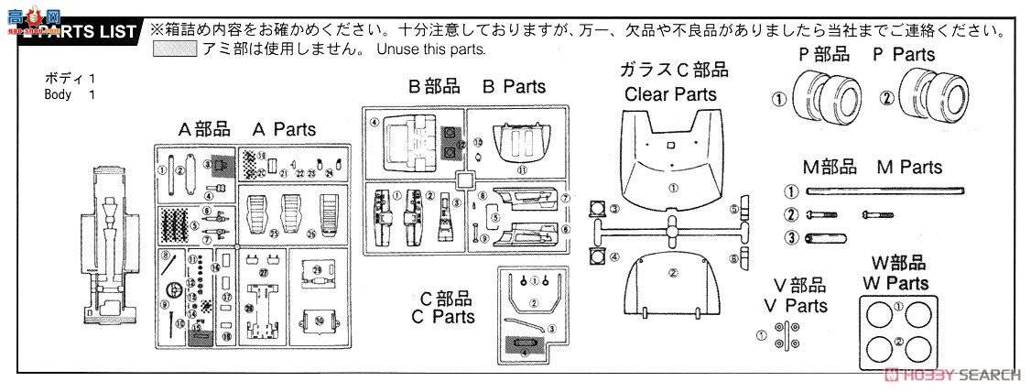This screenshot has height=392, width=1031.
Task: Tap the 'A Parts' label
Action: coord(248,129)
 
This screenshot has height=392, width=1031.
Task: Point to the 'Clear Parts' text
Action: coord(670,93)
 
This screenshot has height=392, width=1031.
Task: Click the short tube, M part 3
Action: coord(825,239)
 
